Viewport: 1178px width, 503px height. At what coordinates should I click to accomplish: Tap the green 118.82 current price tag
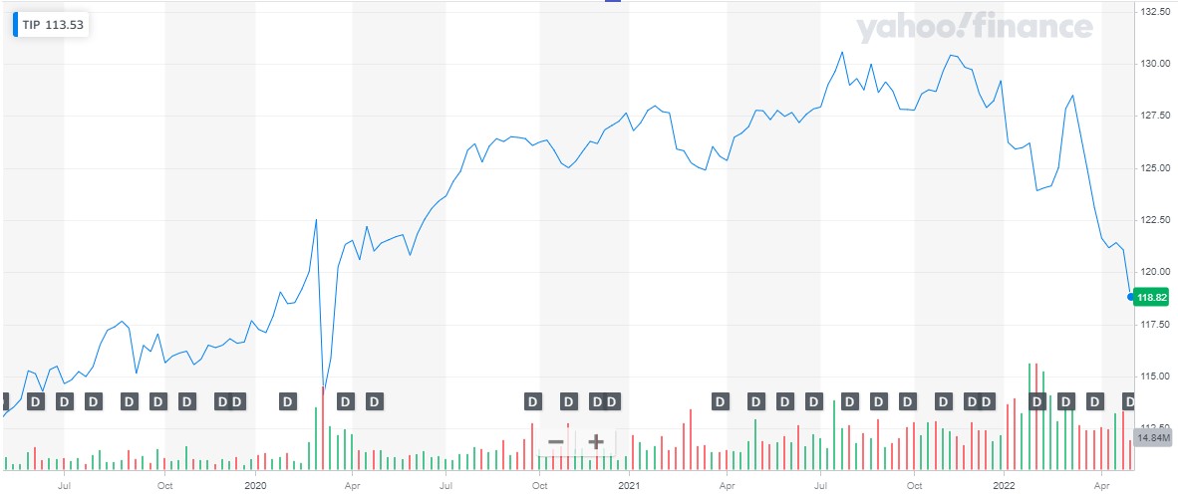tap(1152, 297)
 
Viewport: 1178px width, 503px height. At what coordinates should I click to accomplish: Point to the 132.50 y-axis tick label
tap(1154, 12)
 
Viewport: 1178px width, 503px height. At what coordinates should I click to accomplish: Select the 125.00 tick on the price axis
tap(1154, 167)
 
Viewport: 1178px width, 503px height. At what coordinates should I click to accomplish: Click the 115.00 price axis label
tap(1154, 376)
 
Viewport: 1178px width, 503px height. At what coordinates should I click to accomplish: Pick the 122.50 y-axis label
tap(1154, 219)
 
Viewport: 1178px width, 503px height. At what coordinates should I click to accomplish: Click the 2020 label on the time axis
tap(255, 486)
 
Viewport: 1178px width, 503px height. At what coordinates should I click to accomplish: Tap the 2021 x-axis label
tap(628, 486)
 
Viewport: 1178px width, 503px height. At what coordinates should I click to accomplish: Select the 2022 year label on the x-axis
tap(1003, 486)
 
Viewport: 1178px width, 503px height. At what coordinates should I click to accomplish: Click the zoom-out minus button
tap(556, 441)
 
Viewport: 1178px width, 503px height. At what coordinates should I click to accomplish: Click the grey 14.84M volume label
tap(1153, 438)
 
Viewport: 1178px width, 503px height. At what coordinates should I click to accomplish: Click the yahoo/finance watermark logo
tap(973, 29)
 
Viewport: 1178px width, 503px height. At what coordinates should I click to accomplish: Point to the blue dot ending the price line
tap(1130, 296)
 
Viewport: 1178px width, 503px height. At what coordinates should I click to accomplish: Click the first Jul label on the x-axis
tap(65, 486)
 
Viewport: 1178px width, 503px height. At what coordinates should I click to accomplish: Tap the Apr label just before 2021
tap(352, 486)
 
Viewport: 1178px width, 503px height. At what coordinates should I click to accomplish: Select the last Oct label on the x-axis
tap(914, 486)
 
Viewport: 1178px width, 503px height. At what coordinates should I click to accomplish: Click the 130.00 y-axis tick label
tap(1154, 64)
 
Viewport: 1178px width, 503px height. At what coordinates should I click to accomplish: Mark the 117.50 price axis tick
tap(1154, 324)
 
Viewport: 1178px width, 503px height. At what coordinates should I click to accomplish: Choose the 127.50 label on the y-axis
tap(1154, 116)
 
